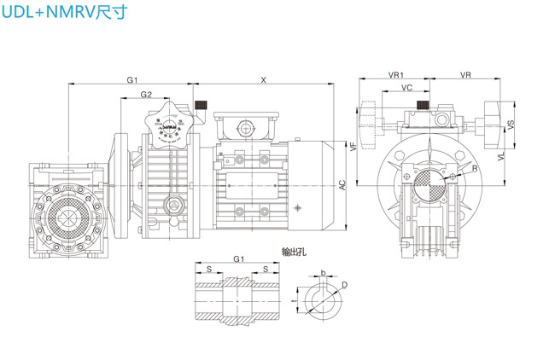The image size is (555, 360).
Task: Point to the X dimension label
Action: point(264,79)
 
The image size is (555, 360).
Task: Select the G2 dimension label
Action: point(146,94)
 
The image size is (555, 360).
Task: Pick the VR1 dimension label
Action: point(395,75)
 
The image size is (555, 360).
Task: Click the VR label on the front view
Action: point(465,75)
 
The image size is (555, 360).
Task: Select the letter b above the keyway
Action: point(323,273)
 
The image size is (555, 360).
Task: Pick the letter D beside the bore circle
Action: point(344,284)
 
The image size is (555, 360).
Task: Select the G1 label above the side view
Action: point(132,79)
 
